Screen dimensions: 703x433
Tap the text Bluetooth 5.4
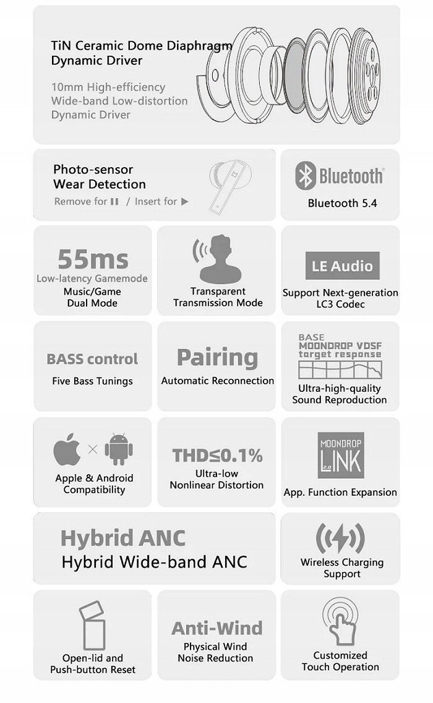[x=342, y=203]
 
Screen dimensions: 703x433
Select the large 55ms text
[x=93, y=259]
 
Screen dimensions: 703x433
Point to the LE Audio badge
[x=341, y=266]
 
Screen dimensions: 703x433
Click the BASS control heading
[x=92, y=359]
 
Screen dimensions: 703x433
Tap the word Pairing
[x=217, y=357]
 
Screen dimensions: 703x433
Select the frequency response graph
[x=339, y=370]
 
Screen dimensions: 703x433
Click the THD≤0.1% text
[x=217, y=455]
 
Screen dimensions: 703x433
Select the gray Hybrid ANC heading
[x=122, y=538]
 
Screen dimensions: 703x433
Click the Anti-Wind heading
[x=216, y=628]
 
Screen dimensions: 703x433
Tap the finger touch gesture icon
[x=340, y=621]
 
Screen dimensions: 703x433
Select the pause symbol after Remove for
[x=114, y=202]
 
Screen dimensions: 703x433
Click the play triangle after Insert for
[x=185, y=202]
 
